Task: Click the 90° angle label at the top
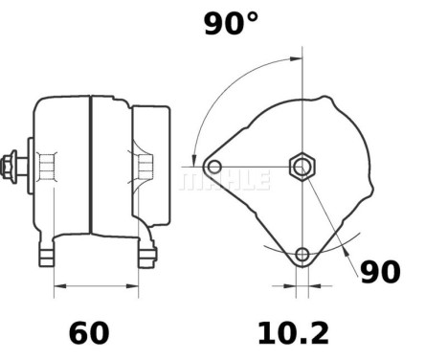click(231, 25)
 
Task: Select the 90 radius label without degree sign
click(379, 272)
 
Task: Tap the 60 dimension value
click(89, 333)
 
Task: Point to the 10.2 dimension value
click(292, 333)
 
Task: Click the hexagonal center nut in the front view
click(302, 167)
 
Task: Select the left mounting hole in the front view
click(214, 168)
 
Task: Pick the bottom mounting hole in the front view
click(302, 254)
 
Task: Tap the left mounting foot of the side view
click(46, 256)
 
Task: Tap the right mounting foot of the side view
click(146, 256)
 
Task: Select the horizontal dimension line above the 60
click(96, 284)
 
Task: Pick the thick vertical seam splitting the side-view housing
click(91, 165)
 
